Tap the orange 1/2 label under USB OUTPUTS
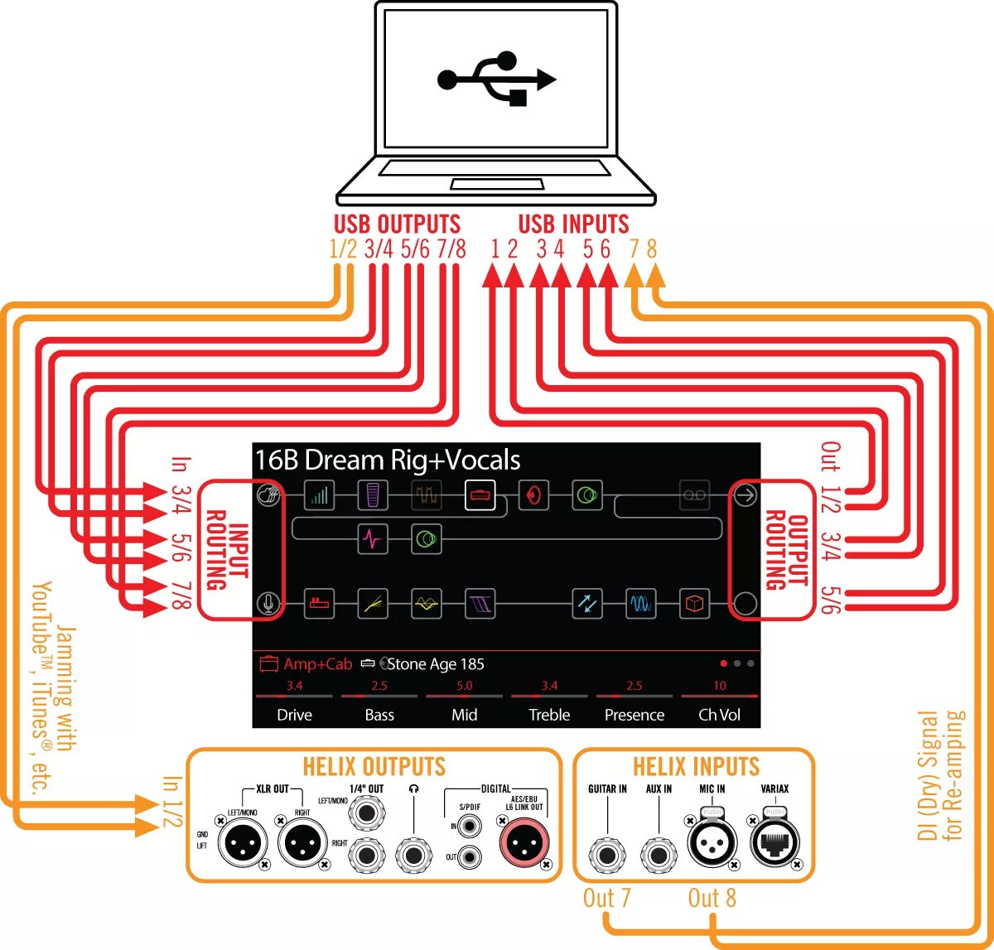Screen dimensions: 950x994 click(x=343, y=248)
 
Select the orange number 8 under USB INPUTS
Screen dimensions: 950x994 click(x=652, y=248)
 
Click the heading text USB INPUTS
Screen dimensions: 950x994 click(x=573, y=224)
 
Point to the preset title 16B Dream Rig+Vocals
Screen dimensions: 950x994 click(x=388, y=460)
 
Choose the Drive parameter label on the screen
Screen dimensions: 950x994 click(x=294, y=715)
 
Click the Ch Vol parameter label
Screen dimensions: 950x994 click(x=719, y=715)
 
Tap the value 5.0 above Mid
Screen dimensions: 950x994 click(x=464, y=686)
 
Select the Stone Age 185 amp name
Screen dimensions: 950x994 click(x=436, y=664)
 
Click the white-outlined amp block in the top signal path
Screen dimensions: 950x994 click(x=480, y=495)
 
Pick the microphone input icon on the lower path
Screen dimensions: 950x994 click(x=268, y=604)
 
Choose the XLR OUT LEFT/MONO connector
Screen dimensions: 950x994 click(x=243, y=845)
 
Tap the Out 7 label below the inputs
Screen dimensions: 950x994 click(x=607, y=899)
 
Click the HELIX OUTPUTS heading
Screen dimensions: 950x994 click(x=374, y=767)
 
